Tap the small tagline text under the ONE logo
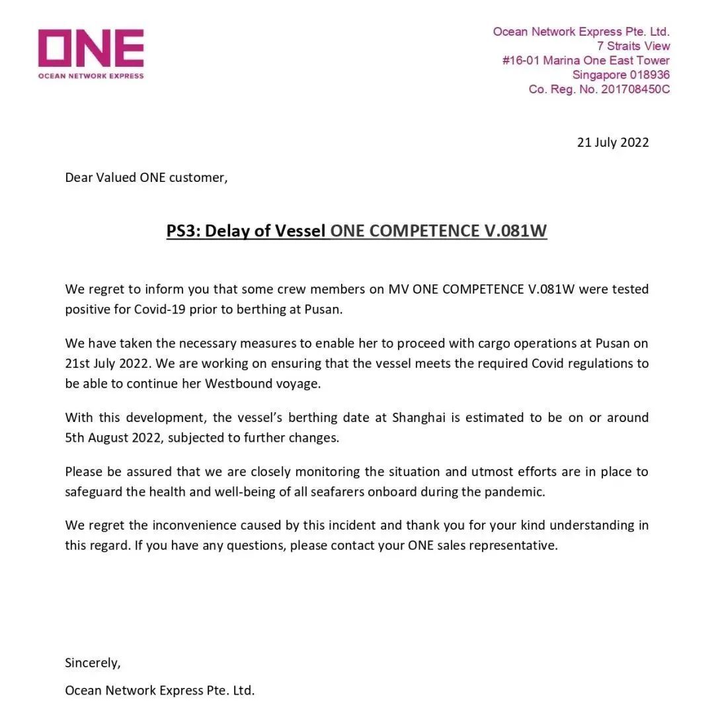tap(91, 76)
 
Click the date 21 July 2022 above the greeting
tap(613, 142)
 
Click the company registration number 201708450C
tap(635, 89)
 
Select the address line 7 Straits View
tap(633, 46)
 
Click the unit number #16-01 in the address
tap(521, 61)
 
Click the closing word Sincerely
tap(93, 663)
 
